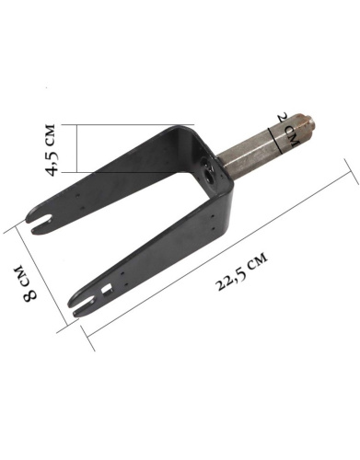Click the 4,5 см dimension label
[51, 150]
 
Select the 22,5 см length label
[242, 270]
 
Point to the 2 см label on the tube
[288, 130]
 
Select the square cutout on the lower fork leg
[107, 289]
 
